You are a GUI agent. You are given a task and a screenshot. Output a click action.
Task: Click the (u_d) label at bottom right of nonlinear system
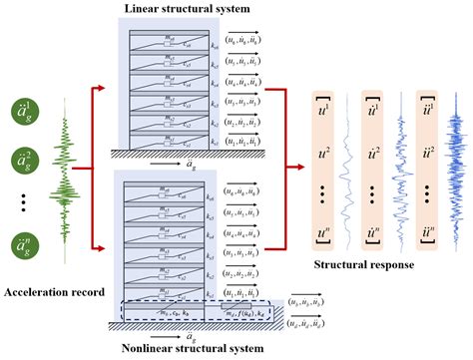(307, 322)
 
